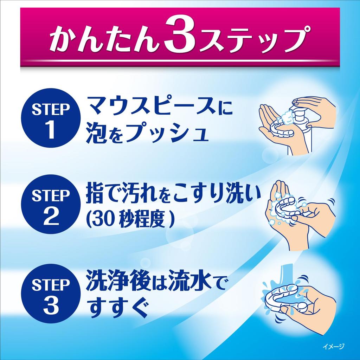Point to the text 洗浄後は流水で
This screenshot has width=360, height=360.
[x=155, y=282]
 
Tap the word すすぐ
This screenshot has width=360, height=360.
[x=117, y=307]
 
